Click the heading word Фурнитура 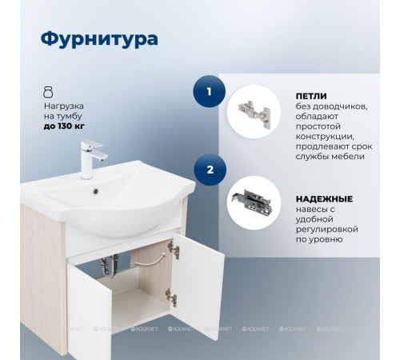[x=98, y=38]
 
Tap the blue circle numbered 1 [x=209, y=92]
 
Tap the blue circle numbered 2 [x=209, y=170]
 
